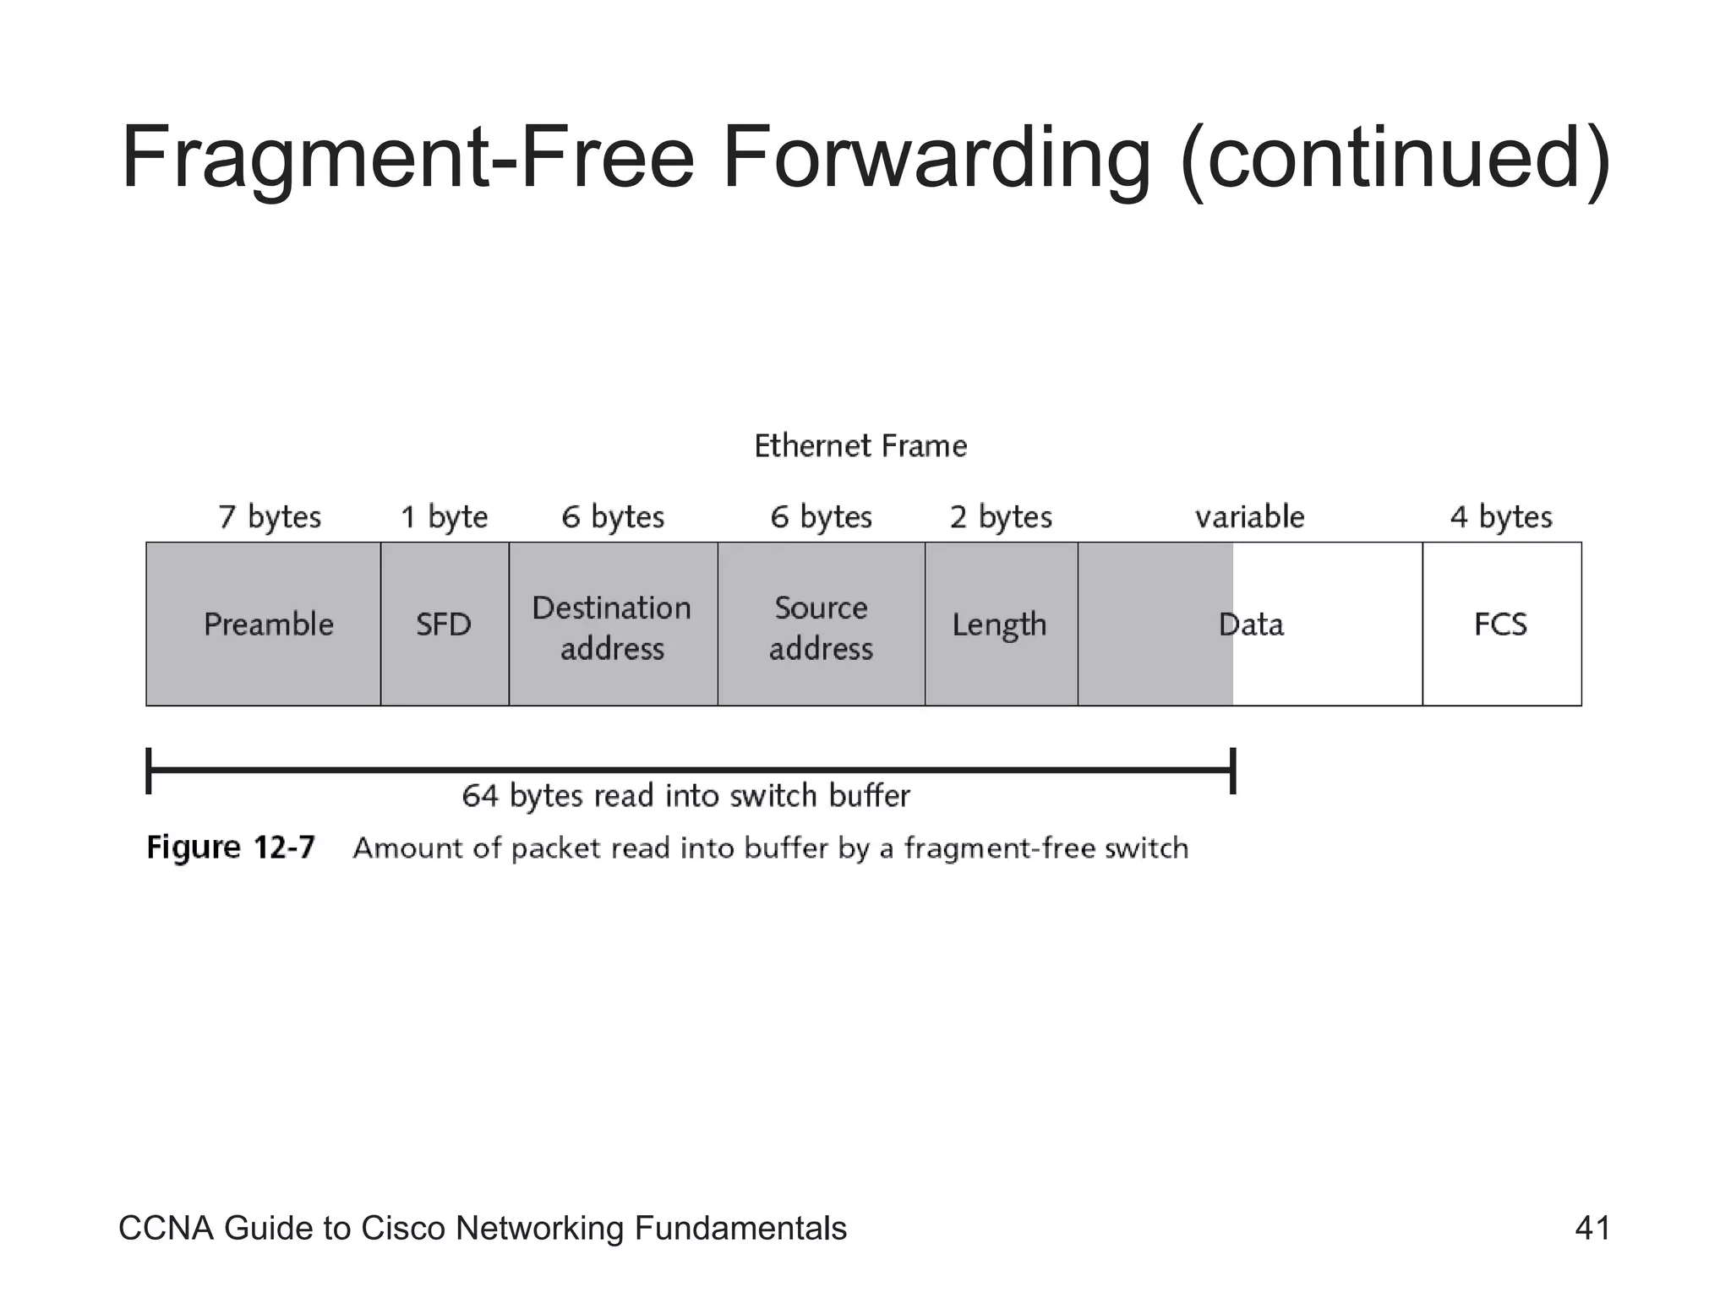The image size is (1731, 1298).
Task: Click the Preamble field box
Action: tap(264, 624)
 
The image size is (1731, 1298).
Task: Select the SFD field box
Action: tap(445, 624)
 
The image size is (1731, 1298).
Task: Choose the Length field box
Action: tap(1001, 624)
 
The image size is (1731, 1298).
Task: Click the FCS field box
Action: tap(1501, 624)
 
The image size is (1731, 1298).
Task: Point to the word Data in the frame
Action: tap(1251, 624)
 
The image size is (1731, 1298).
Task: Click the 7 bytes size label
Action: tap(270, 516)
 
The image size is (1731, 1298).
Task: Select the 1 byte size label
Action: tap(445, 516)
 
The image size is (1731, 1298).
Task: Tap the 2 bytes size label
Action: tap(1001, 516)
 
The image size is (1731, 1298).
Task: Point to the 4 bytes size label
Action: tap(1501, 516)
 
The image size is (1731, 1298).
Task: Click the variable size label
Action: tap(1249, 516)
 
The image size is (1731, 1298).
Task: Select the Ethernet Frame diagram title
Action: tap(860, 445)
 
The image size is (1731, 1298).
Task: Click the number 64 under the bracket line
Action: tap(479, 796)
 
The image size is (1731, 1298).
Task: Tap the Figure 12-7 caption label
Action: tap(231, 847)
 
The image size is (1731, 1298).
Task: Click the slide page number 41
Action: tap(1592, 1228)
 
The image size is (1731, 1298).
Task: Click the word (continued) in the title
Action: tap(1395, 159)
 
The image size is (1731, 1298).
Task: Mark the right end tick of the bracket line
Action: tap(1233, 770)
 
